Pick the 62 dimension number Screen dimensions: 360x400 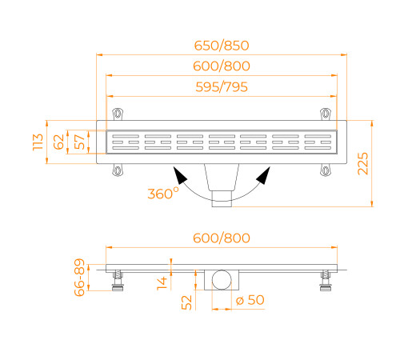(x=58, y=142)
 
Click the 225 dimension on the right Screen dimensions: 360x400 (x=386, y=163)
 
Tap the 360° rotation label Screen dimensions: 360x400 (x=164, y=194)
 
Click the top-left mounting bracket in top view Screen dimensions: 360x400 (x=118, y=112)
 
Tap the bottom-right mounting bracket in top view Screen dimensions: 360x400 (x=325, y=170)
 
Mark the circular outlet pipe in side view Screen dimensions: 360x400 (x=220, y=279)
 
